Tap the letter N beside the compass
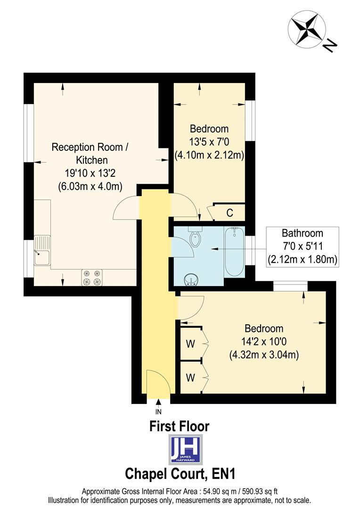click(330, 45)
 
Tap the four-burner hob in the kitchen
click(92, 277)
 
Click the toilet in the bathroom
click(195, 238)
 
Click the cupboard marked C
click(229, 213)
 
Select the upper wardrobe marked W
click(190, 344)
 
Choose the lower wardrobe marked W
click(190, 377)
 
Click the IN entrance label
click(158, 411)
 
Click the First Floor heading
click(179, 427)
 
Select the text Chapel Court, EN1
click(179, 472)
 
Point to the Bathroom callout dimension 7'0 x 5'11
click(303, 246)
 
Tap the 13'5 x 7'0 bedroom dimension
click(209, 141)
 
